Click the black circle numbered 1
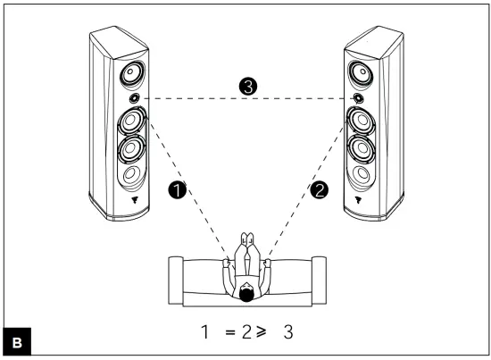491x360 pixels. click(176, 190)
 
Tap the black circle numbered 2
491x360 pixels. click(319, 189)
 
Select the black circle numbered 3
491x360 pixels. click(248, 87)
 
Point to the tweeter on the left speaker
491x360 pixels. click(133, 97)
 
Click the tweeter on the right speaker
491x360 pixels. click(359, 97)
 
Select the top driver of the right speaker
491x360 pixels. click(364, 71)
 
